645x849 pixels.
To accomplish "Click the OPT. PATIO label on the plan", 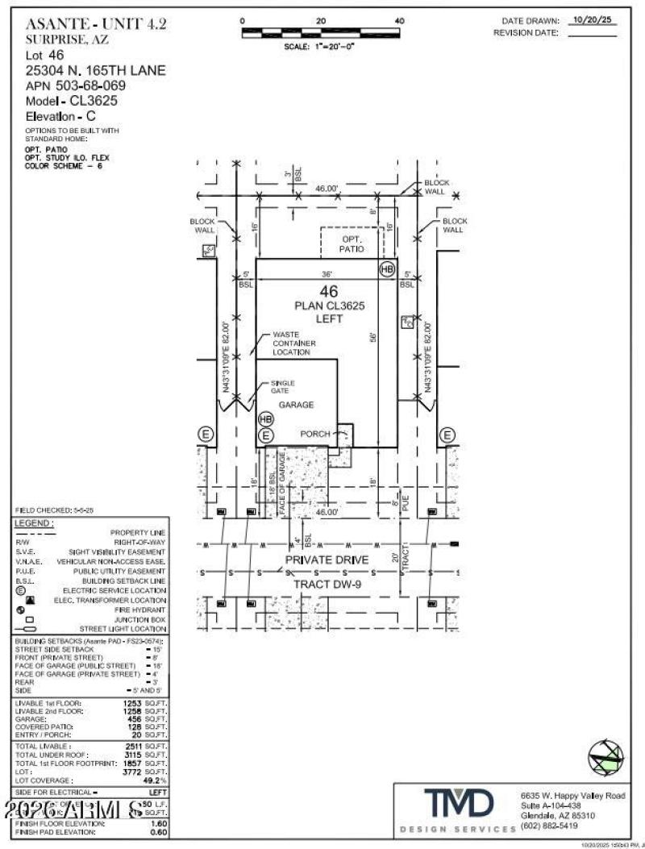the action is click(352, 244).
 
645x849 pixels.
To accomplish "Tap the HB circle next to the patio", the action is click(387, 268).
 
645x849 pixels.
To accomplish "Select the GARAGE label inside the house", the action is click(296, 405).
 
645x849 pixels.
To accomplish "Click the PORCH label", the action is click(315, 434).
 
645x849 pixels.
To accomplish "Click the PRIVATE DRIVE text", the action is click(327, 559).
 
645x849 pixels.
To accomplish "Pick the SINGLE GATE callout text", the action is click(282, 386).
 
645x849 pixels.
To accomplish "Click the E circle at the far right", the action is click(447, 435).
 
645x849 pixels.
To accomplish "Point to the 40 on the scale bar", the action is click(399, 20).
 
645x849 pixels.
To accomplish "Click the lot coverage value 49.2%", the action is click(154, 780).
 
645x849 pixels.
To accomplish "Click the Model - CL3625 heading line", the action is click(71, 102).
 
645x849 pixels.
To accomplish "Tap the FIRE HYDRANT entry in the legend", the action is click(144, 610).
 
